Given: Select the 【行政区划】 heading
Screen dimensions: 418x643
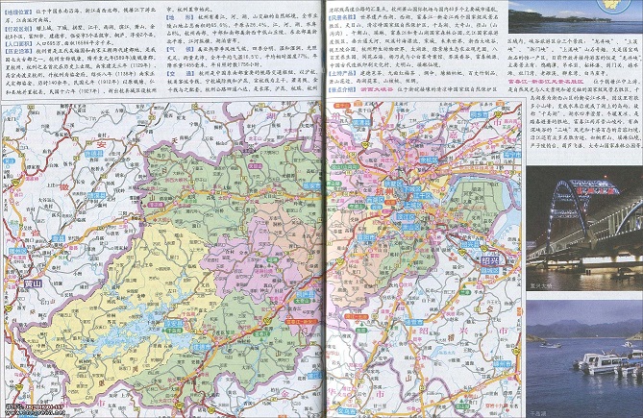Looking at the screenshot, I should (20, 29).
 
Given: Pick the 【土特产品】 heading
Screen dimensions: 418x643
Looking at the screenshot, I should (342, 71).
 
